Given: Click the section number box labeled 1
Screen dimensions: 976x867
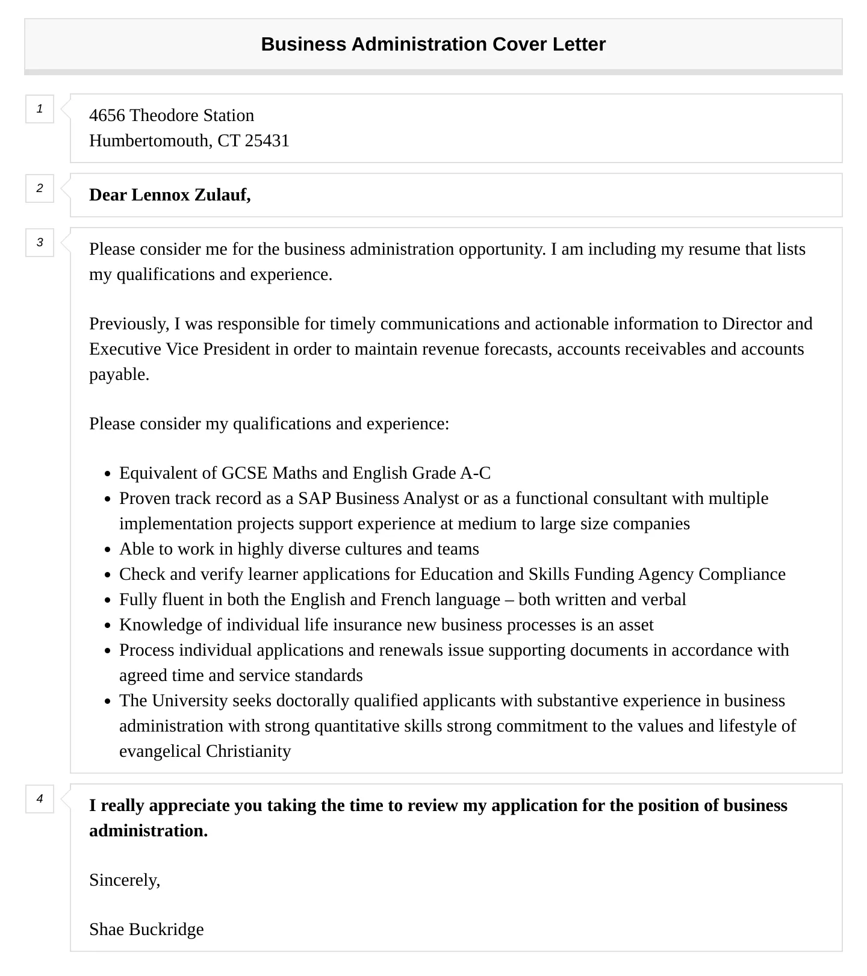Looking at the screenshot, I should pyautogui.click(x=40, y=109).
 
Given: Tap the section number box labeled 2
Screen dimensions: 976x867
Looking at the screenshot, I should pyautogui.click(x=40, y=188).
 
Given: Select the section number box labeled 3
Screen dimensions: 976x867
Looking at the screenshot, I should pyautogui.click(x=40, y=243).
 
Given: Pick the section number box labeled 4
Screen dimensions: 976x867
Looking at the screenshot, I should pyautogui.click(x=40, y=799).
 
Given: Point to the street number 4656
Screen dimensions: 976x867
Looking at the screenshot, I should pyautogui.click(x=107, y=116).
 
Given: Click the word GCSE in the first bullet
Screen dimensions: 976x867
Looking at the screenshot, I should pyautogui.click(x=244, y=473).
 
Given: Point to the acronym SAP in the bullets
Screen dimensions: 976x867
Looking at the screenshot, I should pyautogui.click(x=314, y=499).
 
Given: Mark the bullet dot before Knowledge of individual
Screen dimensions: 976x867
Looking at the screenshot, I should pyautogui.click(x=107, y=626).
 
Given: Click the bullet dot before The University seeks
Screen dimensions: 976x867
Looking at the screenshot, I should pyautogui.click(x=107, y=701).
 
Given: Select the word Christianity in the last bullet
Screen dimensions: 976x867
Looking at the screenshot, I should pyautogui.click(x=248, y=751).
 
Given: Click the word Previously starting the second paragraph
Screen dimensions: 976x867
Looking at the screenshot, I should pyautogui.click(x=129, y=324).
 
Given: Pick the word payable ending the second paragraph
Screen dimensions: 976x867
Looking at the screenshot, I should pyautogui.click(x=118, y=375).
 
